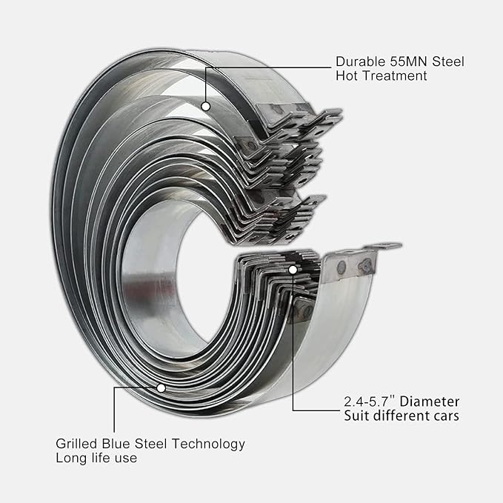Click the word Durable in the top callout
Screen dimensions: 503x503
click(360, 61)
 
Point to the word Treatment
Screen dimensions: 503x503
click(395, 76)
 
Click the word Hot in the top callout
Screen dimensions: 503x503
click(347, 76)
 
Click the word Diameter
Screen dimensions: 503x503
click(430, 402)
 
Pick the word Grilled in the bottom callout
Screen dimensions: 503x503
click(76, 444)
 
